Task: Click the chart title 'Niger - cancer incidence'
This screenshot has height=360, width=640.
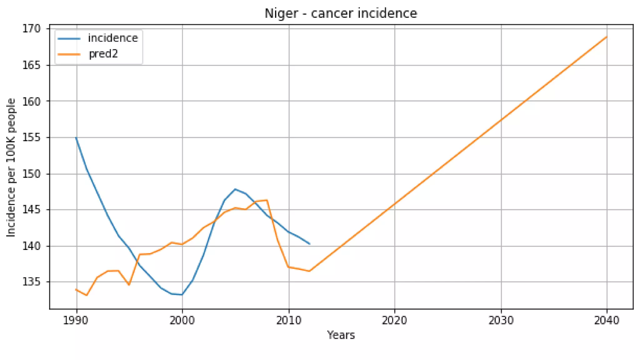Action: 341,13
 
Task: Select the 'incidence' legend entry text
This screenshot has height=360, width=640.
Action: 113,38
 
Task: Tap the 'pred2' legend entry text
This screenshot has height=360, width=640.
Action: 103,54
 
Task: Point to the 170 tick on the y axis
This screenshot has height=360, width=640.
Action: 31,29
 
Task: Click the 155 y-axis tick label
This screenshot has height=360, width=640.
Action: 31,137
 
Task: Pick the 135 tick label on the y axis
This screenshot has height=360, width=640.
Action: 31,282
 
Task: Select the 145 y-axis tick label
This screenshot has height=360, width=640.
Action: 31,210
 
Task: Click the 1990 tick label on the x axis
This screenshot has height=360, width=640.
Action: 76,320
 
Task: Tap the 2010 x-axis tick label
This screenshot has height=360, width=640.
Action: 289,320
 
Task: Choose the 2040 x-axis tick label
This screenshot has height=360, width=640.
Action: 607,320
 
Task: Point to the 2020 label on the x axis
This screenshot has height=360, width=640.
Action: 394,320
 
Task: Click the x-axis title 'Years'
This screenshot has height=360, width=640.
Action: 341,335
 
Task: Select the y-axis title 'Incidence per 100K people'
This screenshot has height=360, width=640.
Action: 11,167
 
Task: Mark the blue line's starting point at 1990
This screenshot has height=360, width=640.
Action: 76,137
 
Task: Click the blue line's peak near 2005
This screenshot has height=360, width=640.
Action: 235,189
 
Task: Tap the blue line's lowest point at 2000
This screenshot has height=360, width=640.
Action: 182,294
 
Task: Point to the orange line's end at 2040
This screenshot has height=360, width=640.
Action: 607,37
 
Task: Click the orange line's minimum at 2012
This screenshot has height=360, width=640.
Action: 309,271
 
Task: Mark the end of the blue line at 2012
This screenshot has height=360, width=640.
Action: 310,244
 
